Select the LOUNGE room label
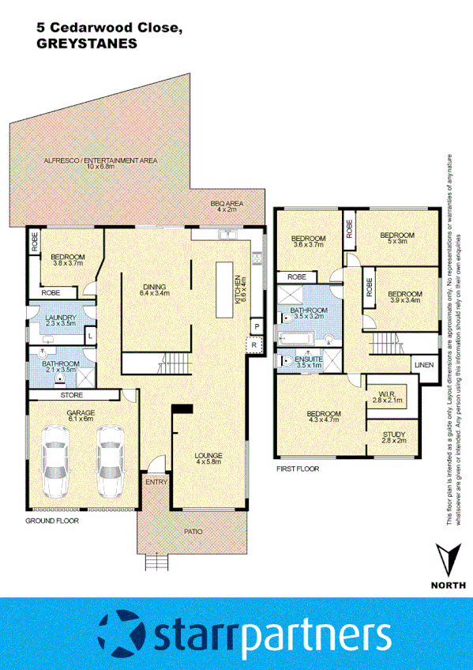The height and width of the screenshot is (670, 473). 208,456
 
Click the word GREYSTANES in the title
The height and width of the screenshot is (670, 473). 87,45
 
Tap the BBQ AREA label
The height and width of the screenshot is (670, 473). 227,205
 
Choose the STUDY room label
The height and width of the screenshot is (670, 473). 394,435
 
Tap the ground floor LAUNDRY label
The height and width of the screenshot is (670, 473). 60,318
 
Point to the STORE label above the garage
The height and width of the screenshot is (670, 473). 73,394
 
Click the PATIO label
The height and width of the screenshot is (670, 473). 193,533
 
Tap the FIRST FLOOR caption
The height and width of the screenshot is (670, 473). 297,469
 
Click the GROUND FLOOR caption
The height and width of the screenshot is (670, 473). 51,522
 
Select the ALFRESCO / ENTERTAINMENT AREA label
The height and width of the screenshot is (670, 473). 100,160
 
